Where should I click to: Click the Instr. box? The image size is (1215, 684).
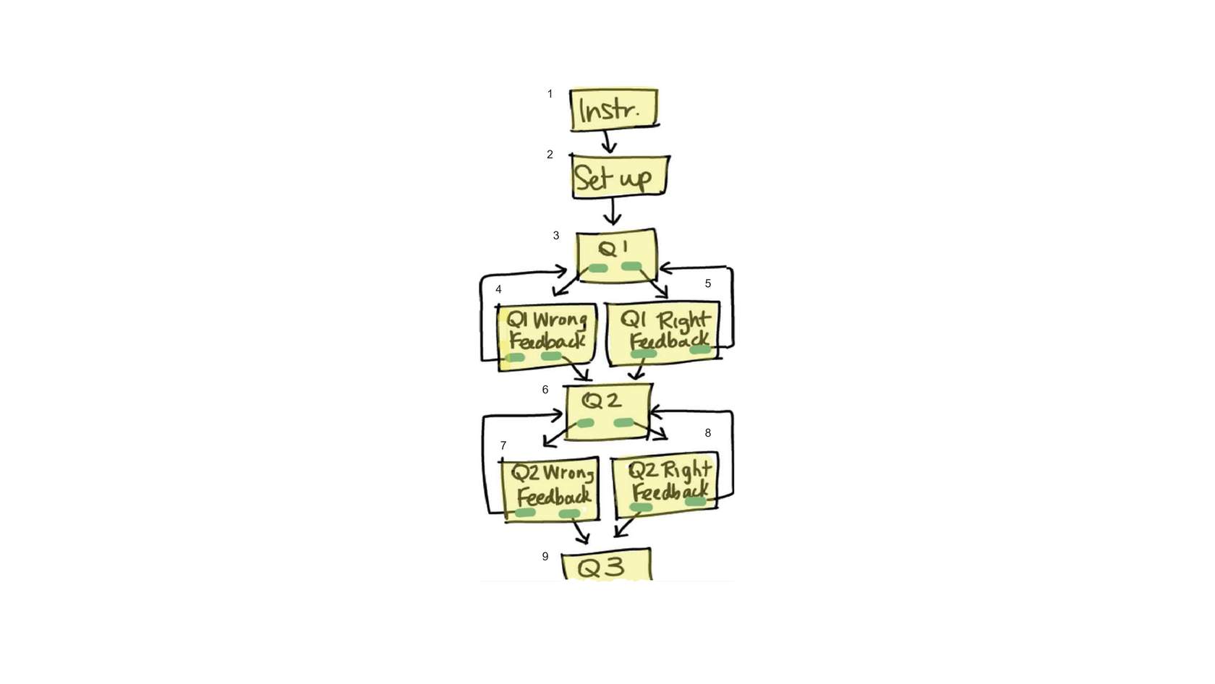tap(613, 109)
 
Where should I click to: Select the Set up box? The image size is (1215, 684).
tap(618, 176)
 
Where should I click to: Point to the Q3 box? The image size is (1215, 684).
tap(605, 566)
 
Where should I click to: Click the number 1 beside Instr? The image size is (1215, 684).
tap(550, 94)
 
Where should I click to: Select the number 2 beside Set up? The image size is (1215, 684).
tap(550, 155)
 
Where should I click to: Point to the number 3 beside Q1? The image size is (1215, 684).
tap(555, 236)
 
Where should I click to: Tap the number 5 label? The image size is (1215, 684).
tap(708, 283)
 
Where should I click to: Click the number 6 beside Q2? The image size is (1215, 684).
tap(545, 390)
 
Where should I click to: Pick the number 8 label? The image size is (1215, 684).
tap(708, 433)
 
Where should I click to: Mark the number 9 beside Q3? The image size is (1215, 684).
tap(545, 557)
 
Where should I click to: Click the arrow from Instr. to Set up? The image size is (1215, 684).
tap(609, 140)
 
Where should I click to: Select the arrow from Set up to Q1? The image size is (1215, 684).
tap(613, 212)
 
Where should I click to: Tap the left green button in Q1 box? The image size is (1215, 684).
tap(597, 269)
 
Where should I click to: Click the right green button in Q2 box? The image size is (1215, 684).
tap(623, 422)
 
